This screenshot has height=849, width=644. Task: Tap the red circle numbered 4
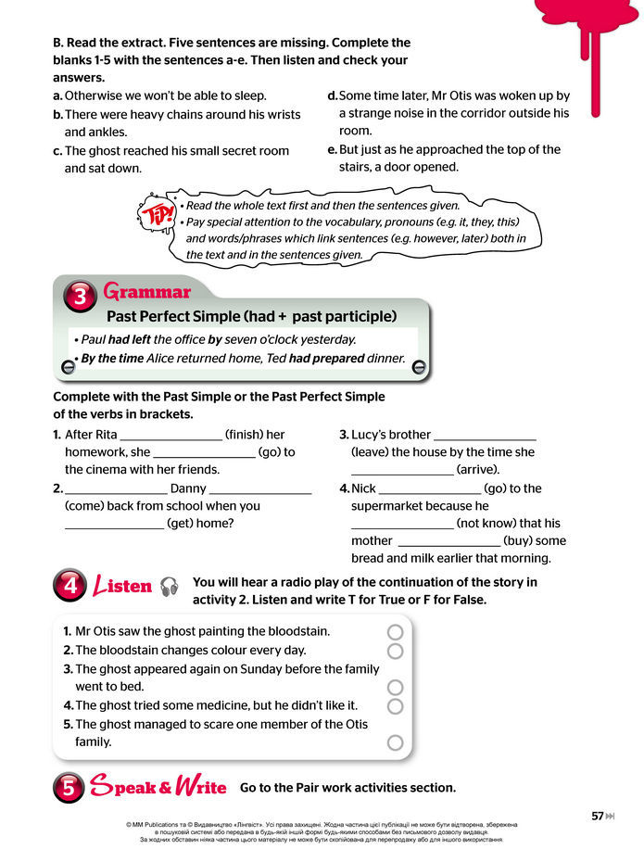[x=69, y=586]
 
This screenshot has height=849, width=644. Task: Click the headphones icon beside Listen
[x=169, y=587]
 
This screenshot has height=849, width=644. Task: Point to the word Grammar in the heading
[x=146, y=293]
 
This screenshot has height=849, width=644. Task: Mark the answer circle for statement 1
[x=396, y=631]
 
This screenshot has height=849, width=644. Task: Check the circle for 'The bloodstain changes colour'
[x=396, y=651]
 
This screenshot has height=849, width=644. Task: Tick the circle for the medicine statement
[x=396, y=706]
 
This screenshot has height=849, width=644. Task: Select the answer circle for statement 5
[x=396, y=742]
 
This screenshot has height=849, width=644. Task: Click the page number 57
[x=598, y=816]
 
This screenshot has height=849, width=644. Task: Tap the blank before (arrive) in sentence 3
[x=402, y=471]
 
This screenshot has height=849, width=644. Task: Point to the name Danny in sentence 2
[x=188, y=488]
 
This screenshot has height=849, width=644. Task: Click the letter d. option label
[x=333, y=95]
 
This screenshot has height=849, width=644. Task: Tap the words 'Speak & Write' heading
[x=158, y=788]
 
